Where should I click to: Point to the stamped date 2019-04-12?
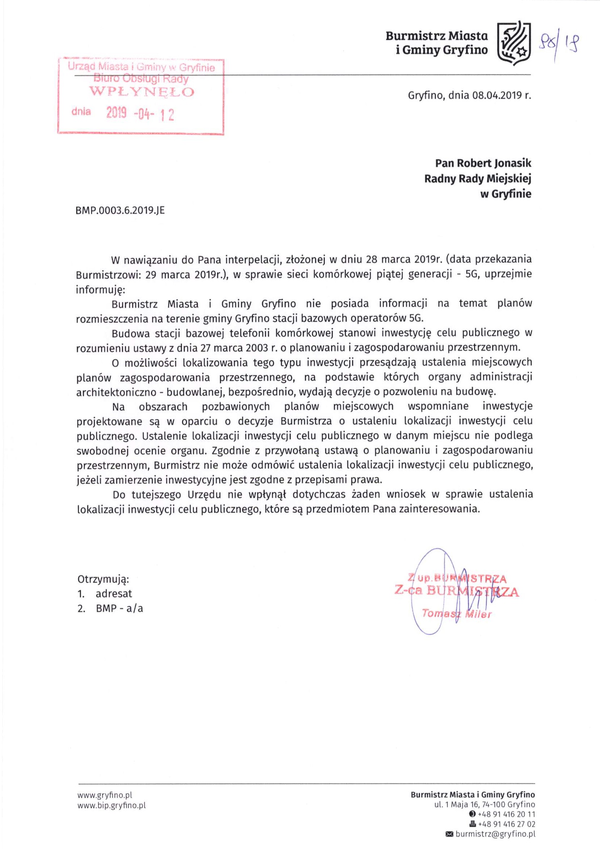point(140,114)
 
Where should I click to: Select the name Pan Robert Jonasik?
point(483,163)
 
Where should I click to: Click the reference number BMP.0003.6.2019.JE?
point(120,211)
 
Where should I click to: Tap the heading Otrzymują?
point(103,579)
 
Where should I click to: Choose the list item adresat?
point(114,593)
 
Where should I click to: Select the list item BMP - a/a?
point(119,608)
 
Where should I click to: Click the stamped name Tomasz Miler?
point(457,614)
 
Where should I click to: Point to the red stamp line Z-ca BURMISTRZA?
point(457,591)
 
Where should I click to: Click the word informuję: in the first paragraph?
point(101,289)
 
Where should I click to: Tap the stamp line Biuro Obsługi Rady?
point(141,78)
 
